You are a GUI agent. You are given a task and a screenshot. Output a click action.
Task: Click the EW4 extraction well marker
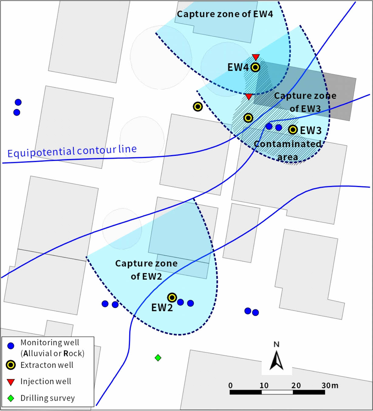tap(255, 67)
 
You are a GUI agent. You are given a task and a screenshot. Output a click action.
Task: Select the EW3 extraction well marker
tap(293, 130)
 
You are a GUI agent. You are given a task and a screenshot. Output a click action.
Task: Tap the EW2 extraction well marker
tap(172, 297)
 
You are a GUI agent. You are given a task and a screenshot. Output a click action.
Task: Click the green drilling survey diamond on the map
tap(158, 358)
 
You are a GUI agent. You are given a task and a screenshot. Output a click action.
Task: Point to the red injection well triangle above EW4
tap(256, 57)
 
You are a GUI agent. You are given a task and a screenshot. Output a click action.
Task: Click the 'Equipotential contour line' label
tap(72, 151)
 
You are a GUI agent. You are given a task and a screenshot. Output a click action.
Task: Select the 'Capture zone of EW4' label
tap(225, 14)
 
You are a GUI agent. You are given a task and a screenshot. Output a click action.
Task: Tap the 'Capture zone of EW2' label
tap(146, 270)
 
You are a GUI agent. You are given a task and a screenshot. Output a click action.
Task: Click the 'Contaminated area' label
tap(287, 150)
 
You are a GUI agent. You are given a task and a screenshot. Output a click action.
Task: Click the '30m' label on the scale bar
tap(330, 385)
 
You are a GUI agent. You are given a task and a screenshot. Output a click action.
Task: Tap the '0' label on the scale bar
tap(231, 385)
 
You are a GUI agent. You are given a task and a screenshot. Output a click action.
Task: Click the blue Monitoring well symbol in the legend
tap(11, 346)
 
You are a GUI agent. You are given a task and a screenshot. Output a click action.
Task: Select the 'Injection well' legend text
tap(46, 381)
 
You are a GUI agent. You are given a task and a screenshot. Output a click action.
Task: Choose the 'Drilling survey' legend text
tap(47, 398)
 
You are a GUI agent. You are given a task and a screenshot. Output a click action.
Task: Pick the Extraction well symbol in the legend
tap(11, 365)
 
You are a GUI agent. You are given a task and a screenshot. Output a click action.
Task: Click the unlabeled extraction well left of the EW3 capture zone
tap(198, 107)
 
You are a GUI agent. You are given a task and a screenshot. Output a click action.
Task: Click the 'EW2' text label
tap(162, 308)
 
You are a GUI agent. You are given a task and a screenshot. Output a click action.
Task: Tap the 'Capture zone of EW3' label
tap(305, 102)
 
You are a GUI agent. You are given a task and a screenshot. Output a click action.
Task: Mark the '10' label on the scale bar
tap(264, 385)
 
